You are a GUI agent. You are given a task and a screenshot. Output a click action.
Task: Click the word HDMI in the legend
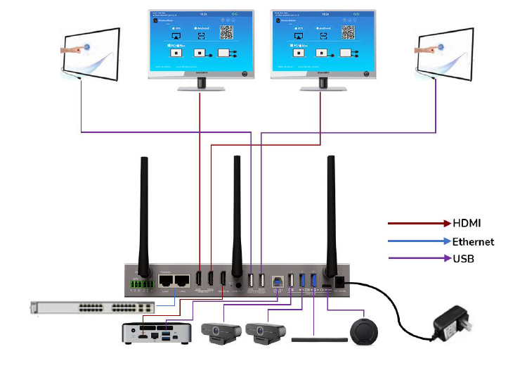click(x=467, y=223)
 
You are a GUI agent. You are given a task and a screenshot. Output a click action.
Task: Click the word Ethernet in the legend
click(x=474, y=241)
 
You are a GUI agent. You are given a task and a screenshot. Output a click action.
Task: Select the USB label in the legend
click(x=464, y=259)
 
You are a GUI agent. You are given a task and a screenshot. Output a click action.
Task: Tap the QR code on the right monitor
click(x=349, y=31)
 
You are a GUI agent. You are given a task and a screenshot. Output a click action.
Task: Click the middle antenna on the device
click(x=237, y=211)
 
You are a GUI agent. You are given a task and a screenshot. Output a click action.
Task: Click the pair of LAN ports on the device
click(x=176, y=280)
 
